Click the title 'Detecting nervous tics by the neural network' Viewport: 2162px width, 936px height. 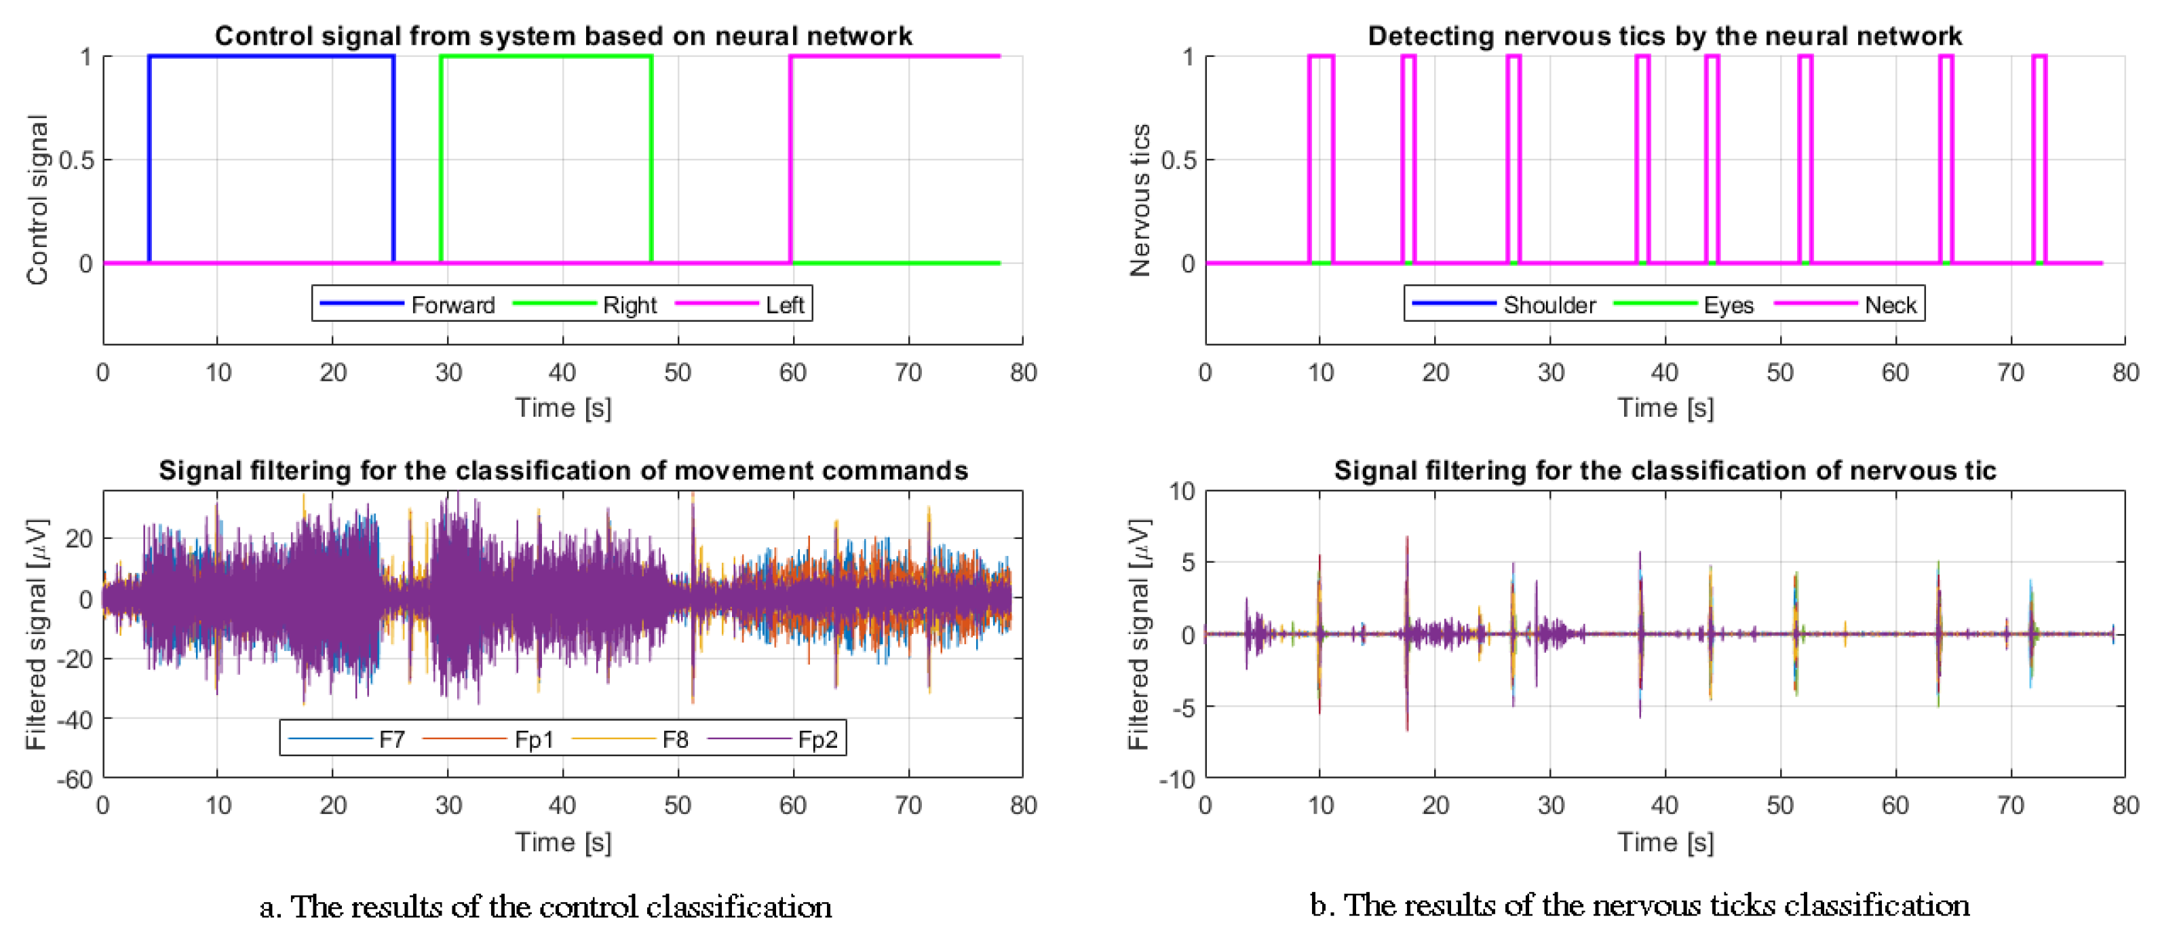pos(1664,36)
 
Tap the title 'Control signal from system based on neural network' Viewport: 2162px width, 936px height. pos(563,36)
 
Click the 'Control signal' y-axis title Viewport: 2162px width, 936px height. pos(38,200)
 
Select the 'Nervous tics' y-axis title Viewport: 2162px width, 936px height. pos(1140,200)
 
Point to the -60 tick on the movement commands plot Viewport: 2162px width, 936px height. pos(75,780)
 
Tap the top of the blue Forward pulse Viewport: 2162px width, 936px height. pos(271,56)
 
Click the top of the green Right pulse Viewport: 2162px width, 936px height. pos(545,56)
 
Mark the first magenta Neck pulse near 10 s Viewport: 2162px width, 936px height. pos(1321,56)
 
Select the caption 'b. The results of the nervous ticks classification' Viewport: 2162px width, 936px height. pos(1639,905)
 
